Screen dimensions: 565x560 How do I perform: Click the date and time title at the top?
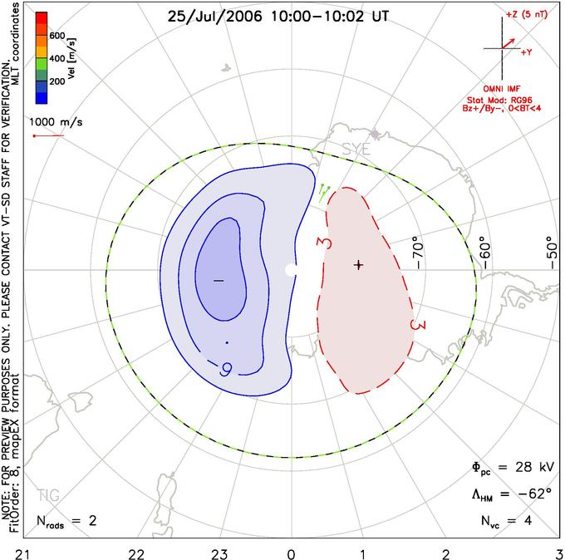click(278, 17)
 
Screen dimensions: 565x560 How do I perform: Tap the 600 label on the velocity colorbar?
click(57, 36)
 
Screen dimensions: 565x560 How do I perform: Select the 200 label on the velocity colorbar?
click(57, 81)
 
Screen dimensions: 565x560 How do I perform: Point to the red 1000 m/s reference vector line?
click(48, 136)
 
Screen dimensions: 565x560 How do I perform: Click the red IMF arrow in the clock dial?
click(508, 43)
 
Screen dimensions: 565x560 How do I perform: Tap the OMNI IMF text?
click(502, 89)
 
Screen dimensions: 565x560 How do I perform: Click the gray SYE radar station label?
click(356, 150)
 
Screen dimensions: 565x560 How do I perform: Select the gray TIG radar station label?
click(48, 495)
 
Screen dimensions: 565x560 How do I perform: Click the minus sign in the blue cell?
click(219, 280)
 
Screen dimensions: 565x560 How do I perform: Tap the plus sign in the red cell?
click(358, 265)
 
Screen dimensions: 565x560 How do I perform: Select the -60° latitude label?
click(484, 253)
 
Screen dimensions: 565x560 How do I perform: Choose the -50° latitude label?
click(551, 253)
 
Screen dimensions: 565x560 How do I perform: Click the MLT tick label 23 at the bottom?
click(219, 554)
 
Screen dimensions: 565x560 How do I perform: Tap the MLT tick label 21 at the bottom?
click(23, 554)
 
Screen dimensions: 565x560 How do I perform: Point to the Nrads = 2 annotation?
click(66, 521)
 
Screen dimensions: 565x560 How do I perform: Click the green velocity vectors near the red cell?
click(324, 194)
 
